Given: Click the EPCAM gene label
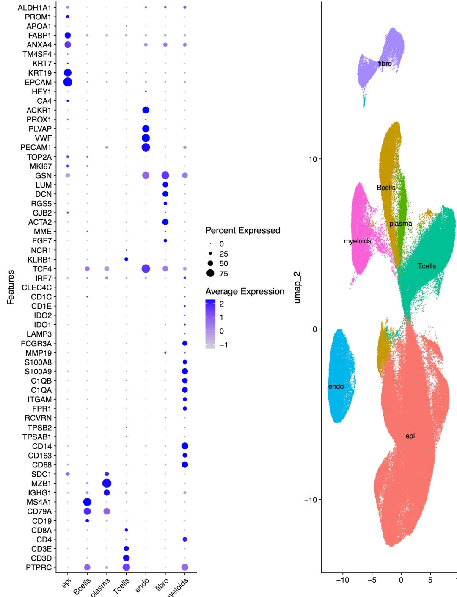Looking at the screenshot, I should click(38, 82).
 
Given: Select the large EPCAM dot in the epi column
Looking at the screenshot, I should click(68, 82).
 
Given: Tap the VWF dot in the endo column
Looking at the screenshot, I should click(146, 138).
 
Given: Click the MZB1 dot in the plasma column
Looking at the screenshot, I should click(107, 483).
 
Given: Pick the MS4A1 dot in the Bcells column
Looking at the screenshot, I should click(87, 502).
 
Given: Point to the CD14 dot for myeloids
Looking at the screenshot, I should click(184, 446).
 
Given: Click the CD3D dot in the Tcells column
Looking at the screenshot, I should click(126, 558).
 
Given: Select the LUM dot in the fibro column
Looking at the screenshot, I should click(165, 185).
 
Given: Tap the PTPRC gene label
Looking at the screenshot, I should click(39, 567).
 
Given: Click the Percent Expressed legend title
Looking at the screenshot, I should click(243, 230).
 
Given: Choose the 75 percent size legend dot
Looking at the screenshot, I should click(210, 273).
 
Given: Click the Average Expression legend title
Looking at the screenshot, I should click(245, 291).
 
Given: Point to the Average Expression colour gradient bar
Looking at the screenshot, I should click(210, 324).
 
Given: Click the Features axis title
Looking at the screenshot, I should click(11, 287).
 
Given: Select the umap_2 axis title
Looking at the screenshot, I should click(297, 287).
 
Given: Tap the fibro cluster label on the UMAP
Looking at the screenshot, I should click(385, 64).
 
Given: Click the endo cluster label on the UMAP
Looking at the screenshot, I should click(336, 386).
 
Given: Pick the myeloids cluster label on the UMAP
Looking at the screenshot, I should click(357, 241).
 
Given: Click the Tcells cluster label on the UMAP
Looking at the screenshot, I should click(427, 266).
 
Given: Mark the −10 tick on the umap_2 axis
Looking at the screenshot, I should click(311, 500).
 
